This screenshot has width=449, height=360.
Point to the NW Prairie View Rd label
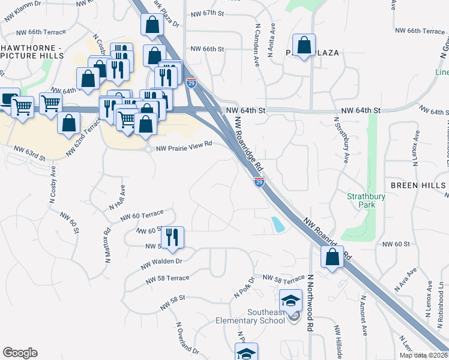(x=184, y=145)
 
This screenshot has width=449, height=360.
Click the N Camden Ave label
(x=257, y=45)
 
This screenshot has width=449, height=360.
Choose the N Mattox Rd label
(x=108, y=242)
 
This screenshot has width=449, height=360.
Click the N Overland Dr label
(x=187, y=339)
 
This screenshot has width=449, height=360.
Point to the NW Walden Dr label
(x=161, y=262)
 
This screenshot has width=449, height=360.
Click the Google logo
(x=20, y=353)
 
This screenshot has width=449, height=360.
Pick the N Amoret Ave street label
(x=363, y=314)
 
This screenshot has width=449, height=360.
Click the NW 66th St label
(x=206, y=49)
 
